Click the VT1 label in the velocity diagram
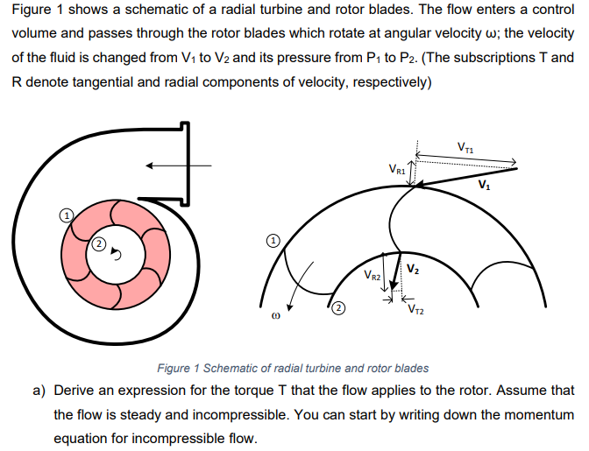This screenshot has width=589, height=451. [x=465, y=146]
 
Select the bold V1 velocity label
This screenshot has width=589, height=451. [x=485, y=185]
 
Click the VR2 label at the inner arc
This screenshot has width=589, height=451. [x=372, y=277]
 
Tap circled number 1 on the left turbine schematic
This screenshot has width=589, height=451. [x=64, y=214]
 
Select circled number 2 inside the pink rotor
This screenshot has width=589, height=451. [x=98, y=243]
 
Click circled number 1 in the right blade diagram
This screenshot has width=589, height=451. [x=273, y=239]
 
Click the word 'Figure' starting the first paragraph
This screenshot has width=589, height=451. [x=32, y=11]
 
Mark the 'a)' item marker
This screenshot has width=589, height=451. [x=39, y=391]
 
